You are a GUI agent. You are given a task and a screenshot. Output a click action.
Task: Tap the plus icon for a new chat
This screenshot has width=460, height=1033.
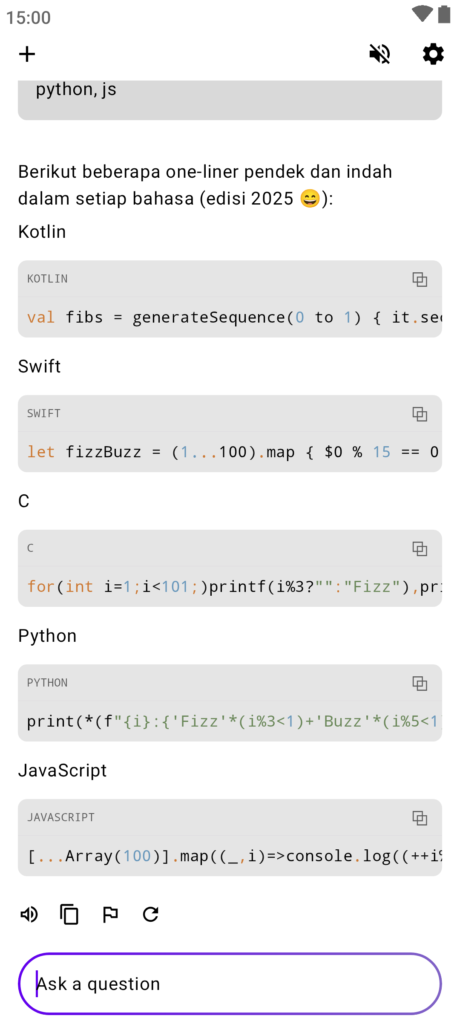pyautogui.click(x=27, y=54)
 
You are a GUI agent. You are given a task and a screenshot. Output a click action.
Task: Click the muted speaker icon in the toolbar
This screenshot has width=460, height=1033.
pyautogui.click(x=379, y=54)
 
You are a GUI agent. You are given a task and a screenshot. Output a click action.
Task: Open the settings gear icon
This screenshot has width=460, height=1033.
pyautogui.click(x=433, y=54)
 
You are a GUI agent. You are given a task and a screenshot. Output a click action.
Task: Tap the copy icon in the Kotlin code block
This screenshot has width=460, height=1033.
pyautogui.click(x=420, y=279)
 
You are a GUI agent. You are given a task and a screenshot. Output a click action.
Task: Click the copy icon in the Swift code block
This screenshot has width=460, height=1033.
pyautogui.click(x=420, y=414)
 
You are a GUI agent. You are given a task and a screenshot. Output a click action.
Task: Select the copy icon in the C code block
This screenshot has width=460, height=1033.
pyautogui.click(x=420, y=548)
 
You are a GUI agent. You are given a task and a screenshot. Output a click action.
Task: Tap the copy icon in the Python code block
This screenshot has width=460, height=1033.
pyautogui.click(x=420, y=683)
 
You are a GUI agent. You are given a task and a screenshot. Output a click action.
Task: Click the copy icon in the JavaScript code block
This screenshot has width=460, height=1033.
pyautogui.click(x=420, y=818)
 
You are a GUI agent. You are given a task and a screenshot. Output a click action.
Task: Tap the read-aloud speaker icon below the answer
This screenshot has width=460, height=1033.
pyautogui.click(x=29, y=914)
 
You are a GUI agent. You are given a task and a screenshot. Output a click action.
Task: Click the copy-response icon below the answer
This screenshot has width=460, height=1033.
pyautogui.click(x=69, y=914)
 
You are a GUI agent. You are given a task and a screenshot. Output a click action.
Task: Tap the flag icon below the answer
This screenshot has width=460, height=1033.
pyautogui.click(x=110, y=914)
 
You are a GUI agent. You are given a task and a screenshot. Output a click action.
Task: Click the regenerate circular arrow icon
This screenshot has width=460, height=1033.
pyautogui.click(x=151, y=914)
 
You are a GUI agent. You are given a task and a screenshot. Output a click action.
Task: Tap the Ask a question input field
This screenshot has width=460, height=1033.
pyautogui.click(x=230, y=984)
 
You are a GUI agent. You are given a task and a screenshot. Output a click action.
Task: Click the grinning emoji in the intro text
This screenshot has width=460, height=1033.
pyautogui.click(x=310, y=199)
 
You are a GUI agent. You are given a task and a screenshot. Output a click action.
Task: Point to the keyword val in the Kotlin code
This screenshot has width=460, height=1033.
pyautogui.click(x=41, y=317)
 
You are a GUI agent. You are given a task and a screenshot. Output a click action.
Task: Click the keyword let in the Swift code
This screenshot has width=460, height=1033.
pyautogui.click(x=41, y=452)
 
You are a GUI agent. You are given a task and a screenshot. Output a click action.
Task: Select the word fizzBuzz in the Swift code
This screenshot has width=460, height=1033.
pyautogui.click(x=103, y=452)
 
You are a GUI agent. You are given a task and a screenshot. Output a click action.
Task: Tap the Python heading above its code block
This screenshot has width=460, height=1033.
pyautogui.click(x=47, y=636)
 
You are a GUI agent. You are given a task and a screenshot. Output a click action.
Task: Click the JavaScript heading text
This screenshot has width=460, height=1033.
pyautogui.click(x=62, y=770)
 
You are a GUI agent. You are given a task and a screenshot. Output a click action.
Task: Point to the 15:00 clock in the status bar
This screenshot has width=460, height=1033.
pyautogui.click(x=29, y=18)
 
